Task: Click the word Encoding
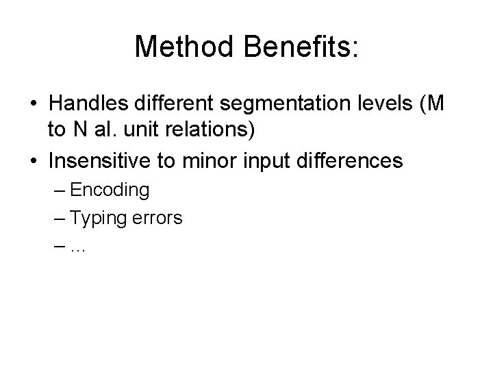[110, 190]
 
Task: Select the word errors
[157, 219]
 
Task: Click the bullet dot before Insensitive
[34, 160]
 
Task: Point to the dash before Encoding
[56, 190]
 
